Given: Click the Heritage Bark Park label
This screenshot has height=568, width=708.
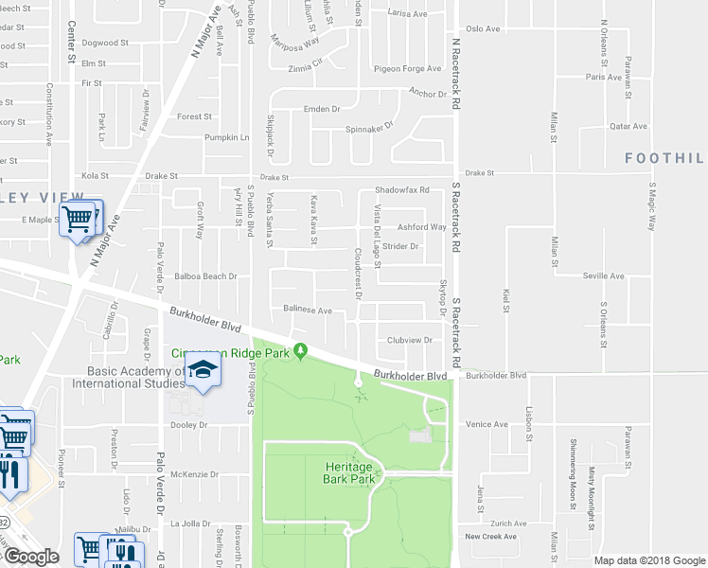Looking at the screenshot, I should coord(350,472).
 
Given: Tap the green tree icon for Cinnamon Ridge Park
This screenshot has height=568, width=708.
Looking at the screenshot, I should coord(301,352).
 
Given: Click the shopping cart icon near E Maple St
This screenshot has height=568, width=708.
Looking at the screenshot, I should coord(78,220).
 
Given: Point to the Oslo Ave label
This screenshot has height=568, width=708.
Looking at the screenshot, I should coord(482,28).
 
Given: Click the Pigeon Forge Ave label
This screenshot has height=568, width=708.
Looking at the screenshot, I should coord(408,68).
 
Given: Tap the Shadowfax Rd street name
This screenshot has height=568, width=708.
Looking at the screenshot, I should coord(402,189).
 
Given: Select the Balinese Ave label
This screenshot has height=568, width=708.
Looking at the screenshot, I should coord(308,310).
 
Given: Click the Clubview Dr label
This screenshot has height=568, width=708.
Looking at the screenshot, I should coord(409,340).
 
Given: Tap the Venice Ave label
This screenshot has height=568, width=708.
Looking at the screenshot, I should coord(487,424).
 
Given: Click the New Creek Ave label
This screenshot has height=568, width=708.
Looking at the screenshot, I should coord(491,536).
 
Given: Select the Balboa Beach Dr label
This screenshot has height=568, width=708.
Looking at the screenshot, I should coord(205,276).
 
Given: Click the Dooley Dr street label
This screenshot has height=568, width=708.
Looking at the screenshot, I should coord(189,425).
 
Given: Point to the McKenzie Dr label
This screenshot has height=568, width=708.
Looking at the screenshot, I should coord(195,474).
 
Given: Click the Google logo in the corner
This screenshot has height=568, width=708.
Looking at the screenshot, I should coord(30,557).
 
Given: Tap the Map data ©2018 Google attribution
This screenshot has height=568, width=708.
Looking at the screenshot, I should coord(648,560).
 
